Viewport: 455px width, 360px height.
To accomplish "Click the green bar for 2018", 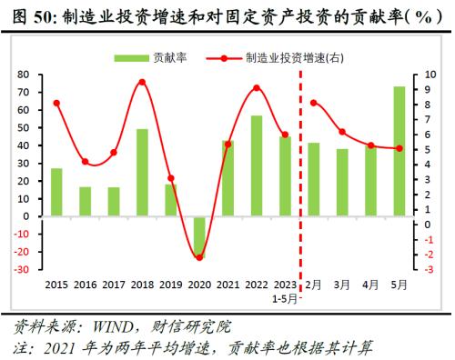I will coord(142,173).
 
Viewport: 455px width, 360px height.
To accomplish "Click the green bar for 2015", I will coord(56,193).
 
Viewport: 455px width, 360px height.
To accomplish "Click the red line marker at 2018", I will coord(142,82).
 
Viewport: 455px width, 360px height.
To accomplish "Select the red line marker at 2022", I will coord(257,88).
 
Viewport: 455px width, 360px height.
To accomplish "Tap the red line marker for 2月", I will coord(314,103).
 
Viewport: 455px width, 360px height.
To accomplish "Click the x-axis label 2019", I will coord(170,284).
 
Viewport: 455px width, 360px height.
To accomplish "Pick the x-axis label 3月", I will coord(342,284).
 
